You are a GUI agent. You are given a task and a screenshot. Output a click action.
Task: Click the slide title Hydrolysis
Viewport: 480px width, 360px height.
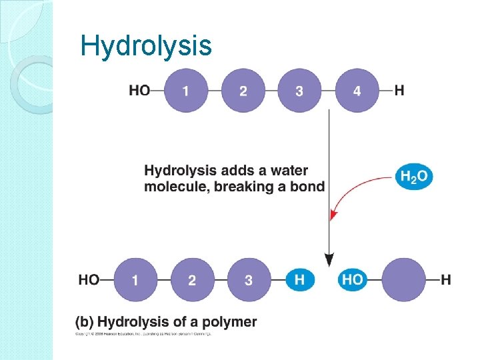(145, 46)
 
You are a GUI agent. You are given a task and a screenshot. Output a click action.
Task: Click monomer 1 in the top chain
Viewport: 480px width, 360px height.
(185, 91)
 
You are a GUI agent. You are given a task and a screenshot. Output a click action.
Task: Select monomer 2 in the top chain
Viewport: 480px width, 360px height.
(243, 91)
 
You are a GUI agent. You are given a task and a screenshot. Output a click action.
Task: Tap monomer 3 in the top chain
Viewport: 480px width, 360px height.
(299, 91)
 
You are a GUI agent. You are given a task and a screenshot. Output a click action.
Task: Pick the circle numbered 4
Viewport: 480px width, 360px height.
(357, 91)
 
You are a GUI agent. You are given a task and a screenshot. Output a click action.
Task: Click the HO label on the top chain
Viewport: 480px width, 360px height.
(139, 91)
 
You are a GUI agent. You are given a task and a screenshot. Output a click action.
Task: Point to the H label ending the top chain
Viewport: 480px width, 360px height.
(399, 91)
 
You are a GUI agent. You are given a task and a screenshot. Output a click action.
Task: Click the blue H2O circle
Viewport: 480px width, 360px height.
(414, 177)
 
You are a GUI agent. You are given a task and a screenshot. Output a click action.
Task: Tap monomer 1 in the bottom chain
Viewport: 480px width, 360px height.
(135, 280)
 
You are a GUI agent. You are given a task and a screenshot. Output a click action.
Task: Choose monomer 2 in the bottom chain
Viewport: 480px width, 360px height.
(192, 280)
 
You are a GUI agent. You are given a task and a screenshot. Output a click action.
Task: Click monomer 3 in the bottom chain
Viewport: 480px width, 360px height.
(249, 280)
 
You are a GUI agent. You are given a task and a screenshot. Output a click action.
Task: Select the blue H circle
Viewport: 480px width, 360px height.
(299, 280)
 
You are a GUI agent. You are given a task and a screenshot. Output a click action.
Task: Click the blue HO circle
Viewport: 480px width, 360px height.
(352, 280)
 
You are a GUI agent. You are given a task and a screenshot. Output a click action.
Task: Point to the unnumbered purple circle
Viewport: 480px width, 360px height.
(403, 280)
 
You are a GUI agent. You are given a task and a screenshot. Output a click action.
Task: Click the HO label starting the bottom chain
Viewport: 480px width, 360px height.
(89, 280)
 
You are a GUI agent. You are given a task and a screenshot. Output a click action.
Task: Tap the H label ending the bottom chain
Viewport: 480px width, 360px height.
(446, 280)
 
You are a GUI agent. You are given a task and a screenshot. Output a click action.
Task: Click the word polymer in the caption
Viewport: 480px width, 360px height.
(230, 322)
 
